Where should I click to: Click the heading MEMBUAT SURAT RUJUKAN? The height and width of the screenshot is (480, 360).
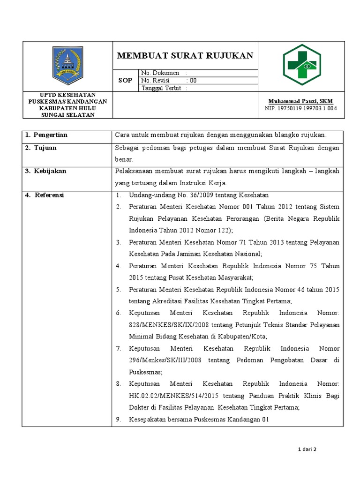[x=185, y=56]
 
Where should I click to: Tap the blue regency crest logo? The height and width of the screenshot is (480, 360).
[x=67, y=63]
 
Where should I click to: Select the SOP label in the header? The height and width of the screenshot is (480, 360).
[x=125, y=80]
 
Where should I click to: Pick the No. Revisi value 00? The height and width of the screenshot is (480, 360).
[x=193, y=80]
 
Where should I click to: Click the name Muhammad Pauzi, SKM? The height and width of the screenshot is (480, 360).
[x=300, y=101]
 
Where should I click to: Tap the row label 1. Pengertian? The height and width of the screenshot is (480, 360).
[x=46, y=135]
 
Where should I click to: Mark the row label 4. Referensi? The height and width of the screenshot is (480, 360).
[x=45, y=195]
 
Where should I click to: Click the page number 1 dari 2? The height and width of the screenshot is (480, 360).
[x=307, y=449]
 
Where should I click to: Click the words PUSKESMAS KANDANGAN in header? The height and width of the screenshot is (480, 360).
[x=67, y=101]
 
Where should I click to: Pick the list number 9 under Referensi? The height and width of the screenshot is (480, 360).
[x=119, y=420]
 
